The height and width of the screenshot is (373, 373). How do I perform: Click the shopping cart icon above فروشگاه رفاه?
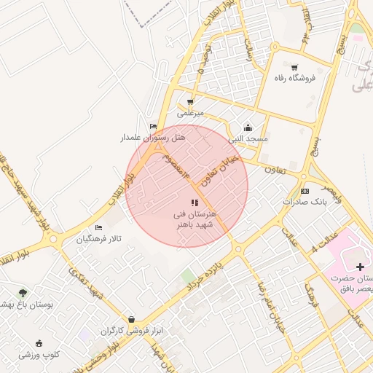[294, 67]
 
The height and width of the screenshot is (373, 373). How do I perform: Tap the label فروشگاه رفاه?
[294, 78]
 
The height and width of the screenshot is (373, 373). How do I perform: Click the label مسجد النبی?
[248, 138]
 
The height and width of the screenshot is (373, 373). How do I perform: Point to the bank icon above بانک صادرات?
[305, 191]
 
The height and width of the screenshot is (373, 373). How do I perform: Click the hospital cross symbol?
[360, 267]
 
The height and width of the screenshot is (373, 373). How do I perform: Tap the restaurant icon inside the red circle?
[194, 203]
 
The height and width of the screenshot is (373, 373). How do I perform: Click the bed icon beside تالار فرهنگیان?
[99, 228]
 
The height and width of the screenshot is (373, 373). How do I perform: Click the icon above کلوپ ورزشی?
[39, 344]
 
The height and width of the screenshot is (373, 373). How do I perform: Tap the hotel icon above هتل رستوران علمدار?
[152, 126]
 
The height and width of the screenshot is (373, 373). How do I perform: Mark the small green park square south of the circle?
[188, 276]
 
